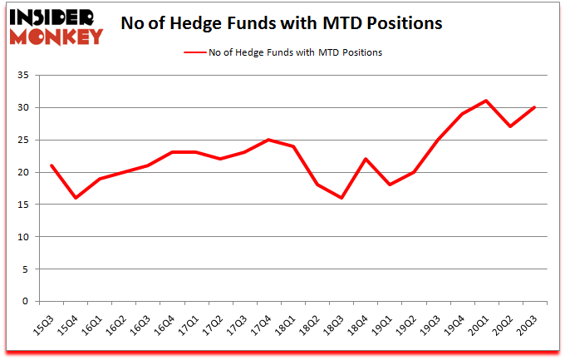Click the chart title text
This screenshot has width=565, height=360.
281,24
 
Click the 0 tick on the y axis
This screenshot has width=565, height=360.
27,302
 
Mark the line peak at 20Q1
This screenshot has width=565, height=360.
485,101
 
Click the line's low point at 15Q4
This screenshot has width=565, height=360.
76,198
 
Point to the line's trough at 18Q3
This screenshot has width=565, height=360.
341,198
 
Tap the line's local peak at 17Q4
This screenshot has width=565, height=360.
268,140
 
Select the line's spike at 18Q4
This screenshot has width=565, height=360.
365,159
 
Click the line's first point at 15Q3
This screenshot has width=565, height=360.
52,165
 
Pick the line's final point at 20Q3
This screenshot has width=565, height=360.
534,107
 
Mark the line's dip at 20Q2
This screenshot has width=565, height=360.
509,126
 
